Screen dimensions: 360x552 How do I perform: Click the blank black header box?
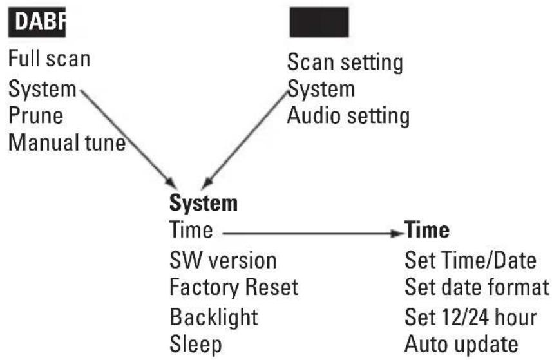319,23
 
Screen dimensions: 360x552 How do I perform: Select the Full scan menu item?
49,59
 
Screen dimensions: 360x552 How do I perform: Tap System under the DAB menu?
42,88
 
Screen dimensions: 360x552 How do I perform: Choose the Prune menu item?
35,115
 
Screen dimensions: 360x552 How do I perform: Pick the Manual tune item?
66,142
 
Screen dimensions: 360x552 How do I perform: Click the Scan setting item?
345,62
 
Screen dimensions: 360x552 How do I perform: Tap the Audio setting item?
348,116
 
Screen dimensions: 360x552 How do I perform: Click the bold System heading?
203,204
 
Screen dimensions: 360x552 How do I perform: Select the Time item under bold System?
191,231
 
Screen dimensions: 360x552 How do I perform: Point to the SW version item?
223,260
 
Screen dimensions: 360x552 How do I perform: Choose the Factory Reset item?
234,287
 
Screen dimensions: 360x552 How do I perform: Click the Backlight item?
214,316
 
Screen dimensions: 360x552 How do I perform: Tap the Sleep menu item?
196,344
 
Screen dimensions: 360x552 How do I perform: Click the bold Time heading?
427,231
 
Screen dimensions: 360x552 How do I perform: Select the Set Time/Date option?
470,260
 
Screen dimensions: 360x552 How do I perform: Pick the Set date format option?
477,287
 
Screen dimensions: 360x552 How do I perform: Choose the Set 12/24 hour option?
471,316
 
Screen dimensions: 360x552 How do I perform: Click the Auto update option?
462,344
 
